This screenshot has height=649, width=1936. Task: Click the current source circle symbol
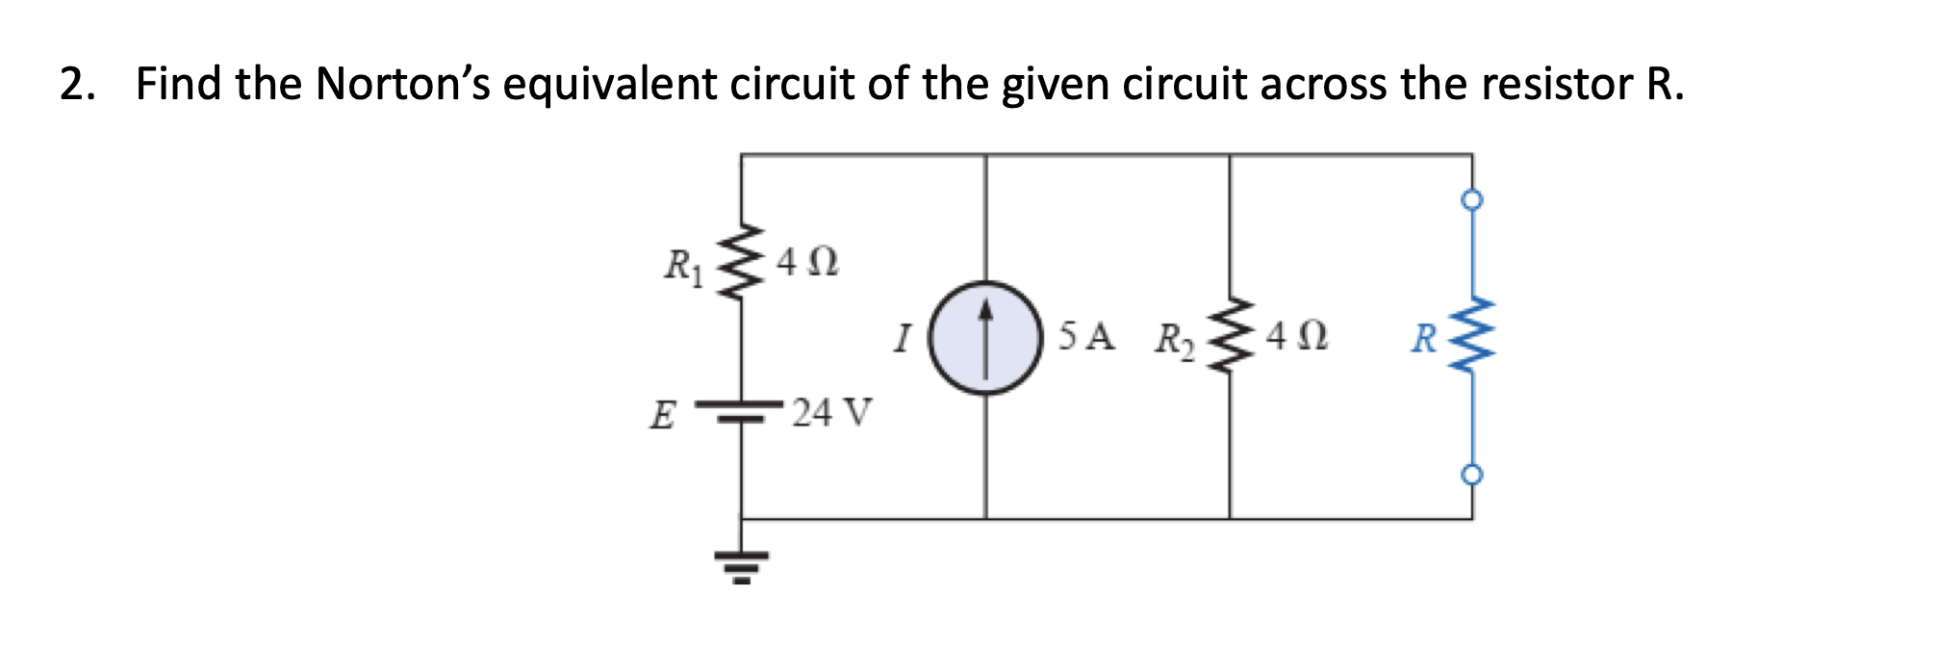[x=985, y=338]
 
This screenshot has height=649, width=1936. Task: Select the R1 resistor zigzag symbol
[x=740, y=263]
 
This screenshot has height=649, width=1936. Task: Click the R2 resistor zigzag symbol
[x=1229, y=338]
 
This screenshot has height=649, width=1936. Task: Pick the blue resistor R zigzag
[x=1471, y=338]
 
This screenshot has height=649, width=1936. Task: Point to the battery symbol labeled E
[x=740, y=411]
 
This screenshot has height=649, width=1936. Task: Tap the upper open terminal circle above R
[x=1471, y=200]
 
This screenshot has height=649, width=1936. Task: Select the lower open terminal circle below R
[x=1471, y=475]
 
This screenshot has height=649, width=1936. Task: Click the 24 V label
[x=830, y=413]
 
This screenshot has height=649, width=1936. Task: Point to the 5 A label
[x=1086, y=336]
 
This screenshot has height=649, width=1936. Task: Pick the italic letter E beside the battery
[x=661, y=416]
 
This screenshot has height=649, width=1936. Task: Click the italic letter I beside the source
[x=902, y=338]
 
